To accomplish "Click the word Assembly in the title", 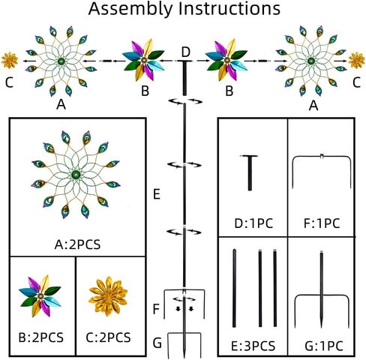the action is click(x=130, y=9).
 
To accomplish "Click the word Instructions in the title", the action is click(x=229, y=8).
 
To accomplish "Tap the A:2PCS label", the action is click(x=77, y=244).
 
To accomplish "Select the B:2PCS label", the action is click(x=41, y=337).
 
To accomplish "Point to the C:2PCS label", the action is click(x=108, y=337).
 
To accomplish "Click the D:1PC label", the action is click(x=253, y=223).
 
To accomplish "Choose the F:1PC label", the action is click(x=322, y=223).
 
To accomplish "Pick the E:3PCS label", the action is click(x=253, y=346).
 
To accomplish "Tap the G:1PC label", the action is click(x=324, y=346).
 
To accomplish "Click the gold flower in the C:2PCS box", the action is click(x=108, y=296).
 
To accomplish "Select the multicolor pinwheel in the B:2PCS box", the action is click(x=40, y=296).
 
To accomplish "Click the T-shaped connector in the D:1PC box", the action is click(x=250, y=172).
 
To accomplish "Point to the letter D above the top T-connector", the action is click(x=186, y=52).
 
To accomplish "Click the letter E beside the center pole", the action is click(x=157, y=194).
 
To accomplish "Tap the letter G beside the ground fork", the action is click(x=157, y=343).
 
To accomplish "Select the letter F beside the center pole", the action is click(x=156, y=309).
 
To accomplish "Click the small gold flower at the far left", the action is click(x=10, y=60).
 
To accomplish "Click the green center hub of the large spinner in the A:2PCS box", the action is click(x=75, y=175).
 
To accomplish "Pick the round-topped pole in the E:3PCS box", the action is click(x=234, y=288).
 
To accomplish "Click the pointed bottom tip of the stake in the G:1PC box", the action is click(x=322, y=328).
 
